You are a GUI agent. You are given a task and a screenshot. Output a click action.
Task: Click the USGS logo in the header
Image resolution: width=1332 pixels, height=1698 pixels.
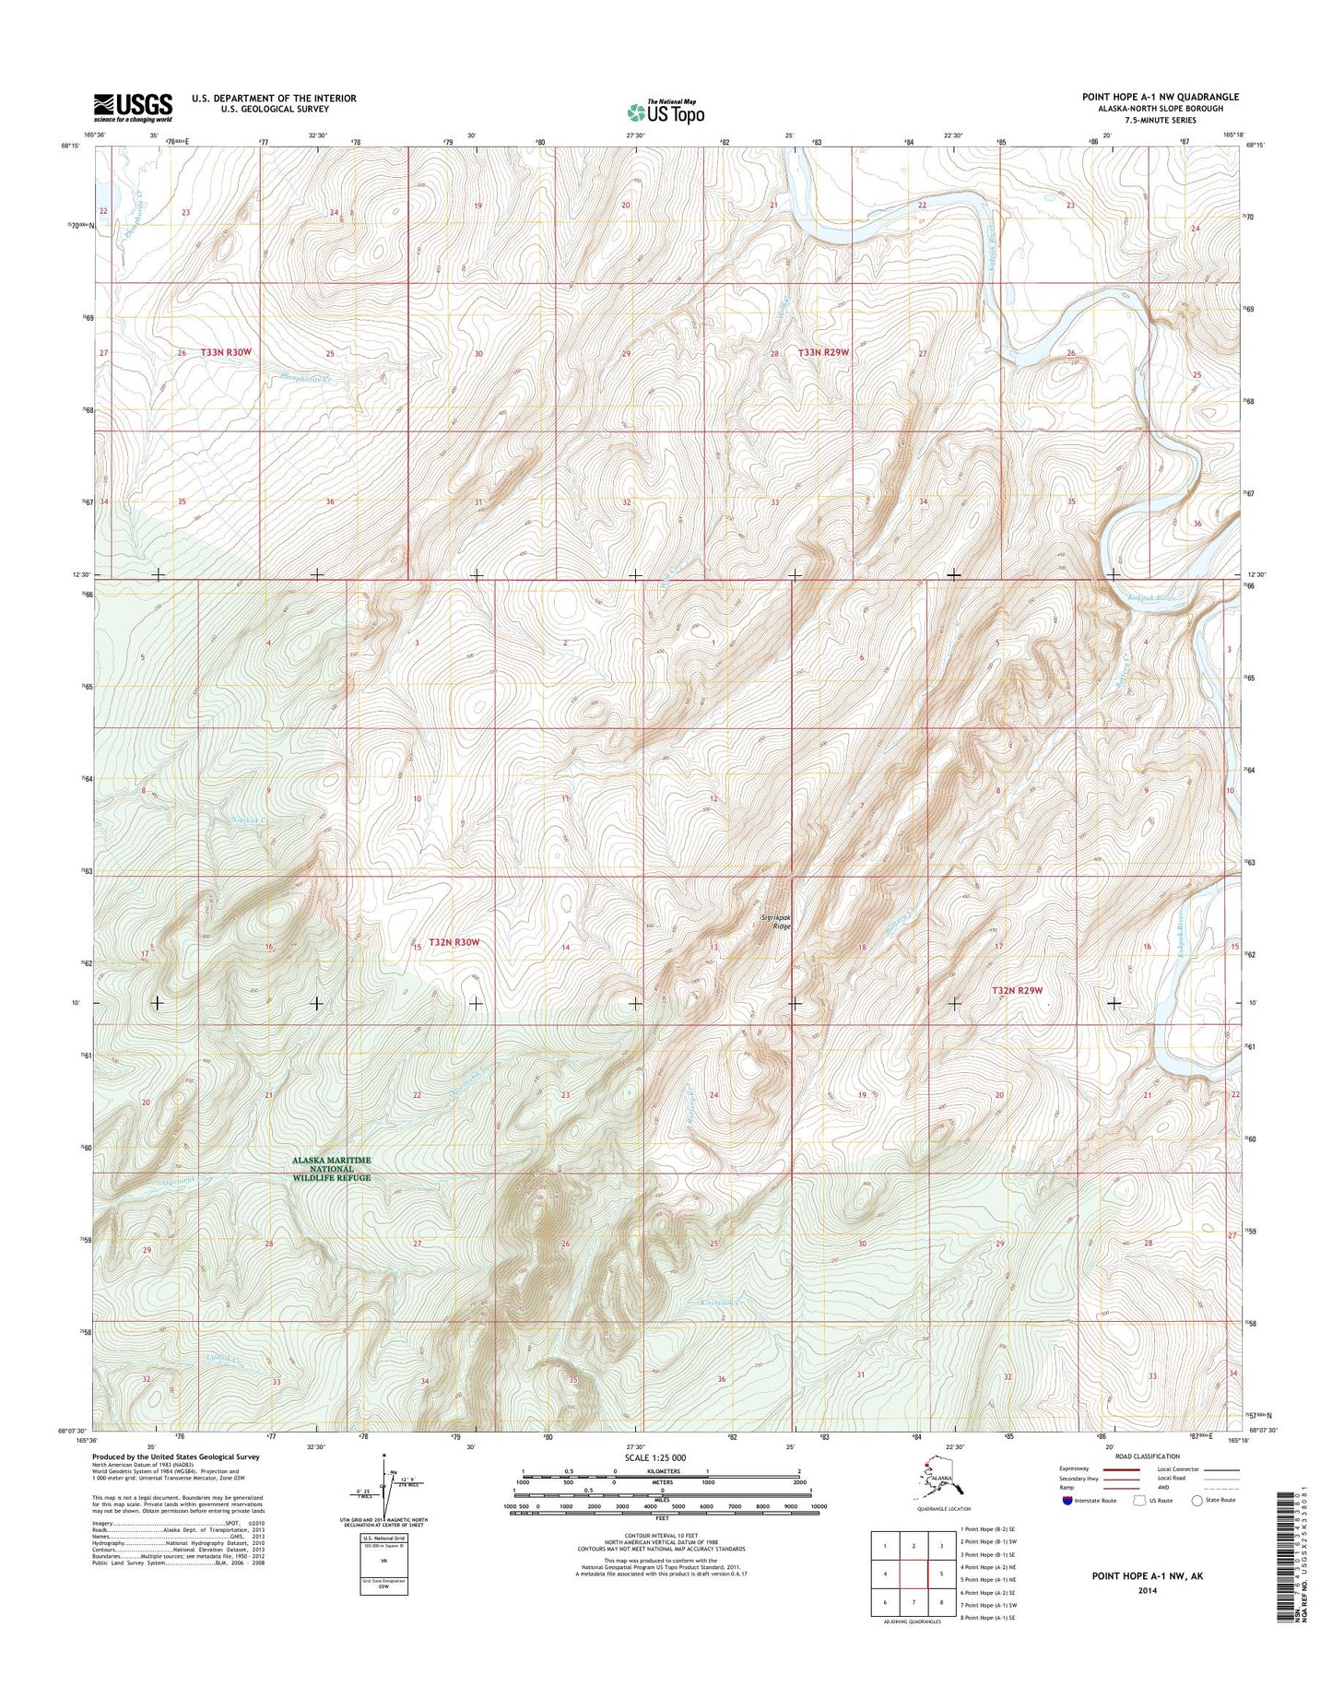[x=132, y=106]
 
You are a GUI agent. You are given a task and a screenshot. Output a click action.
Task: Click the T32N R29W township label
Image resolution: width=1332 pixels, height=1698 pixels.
[x=1018, y=990]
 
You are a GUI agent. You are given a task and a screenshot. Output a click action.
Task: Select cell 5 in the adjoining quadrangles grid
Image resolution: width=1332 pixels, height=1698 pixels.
[x=941, y=1574]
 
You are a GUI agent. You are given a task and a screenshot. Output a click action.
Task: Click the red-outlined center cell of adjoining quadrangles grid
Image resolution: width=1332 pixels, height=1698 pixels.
[x=913, y=1574]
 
